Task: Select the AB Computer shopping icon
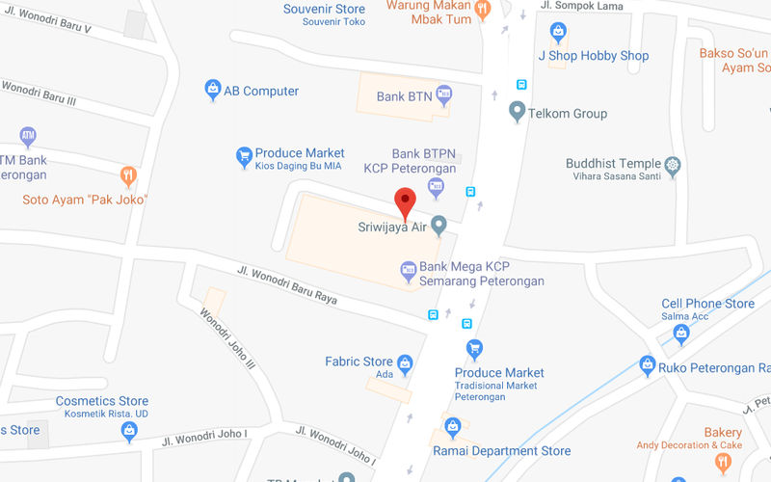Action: (213, 91)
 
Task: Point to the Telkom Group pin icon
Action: (518, 114)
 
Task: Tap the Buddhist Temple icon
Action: (673, 164)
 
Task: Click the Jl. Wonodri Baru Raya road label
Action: (287, 286)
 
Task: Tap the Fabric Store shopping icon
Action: (405, 363)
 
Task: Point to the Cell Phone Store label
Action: (707, 304)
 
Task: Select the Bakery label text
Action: (723, 433)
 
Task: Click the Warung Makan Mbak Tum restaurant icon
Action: (483, 9)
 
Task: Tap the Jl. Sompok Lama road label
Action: (576, 6)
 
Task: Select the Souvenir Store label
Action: (324, 10)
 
